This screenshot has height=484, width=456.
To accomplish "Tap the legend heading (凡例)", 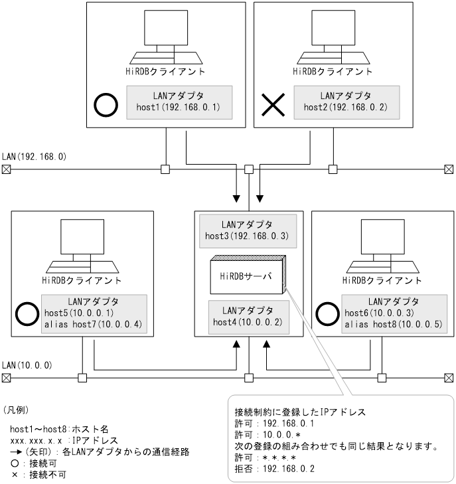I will [17, 410].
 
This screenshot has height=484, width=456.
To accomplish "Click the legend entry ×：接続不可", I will [38, 474].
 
